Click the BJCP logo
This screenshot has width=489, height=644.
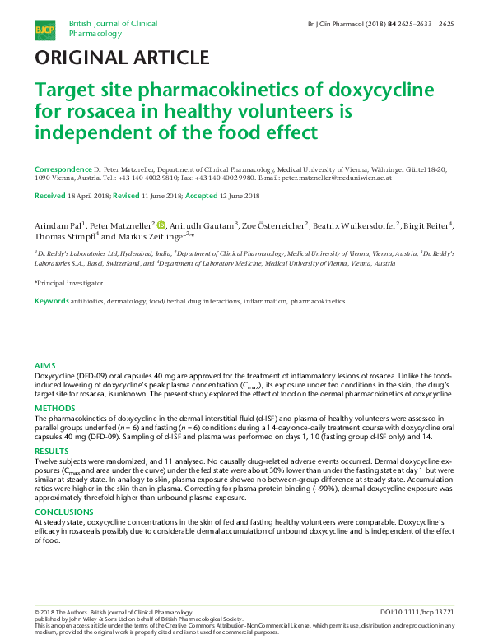(44, 30)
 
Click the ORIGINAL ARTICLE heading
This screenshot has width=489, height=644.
(121, 58)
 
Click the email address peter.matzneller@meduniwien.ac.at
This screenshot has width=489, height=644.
(336, 178)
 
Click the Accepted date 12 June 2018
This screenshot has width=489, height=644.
(233, 196)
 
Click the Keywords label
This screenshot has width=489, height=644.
(51, 302)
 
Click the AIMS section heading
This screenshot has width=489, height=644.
(44, 364)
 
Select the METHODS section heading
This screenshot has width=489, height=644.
(54, 408)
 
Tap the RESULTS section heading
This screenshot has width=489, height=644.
(51, 452)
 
